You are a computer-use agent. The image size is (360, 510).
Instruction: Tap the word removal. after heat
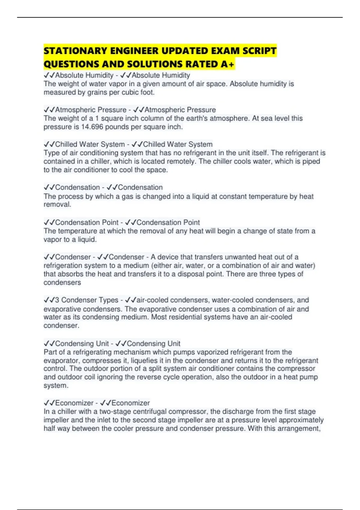[57, 205]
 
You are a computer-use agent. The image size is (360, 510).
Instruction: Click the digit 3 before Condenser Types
[57, 300]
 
